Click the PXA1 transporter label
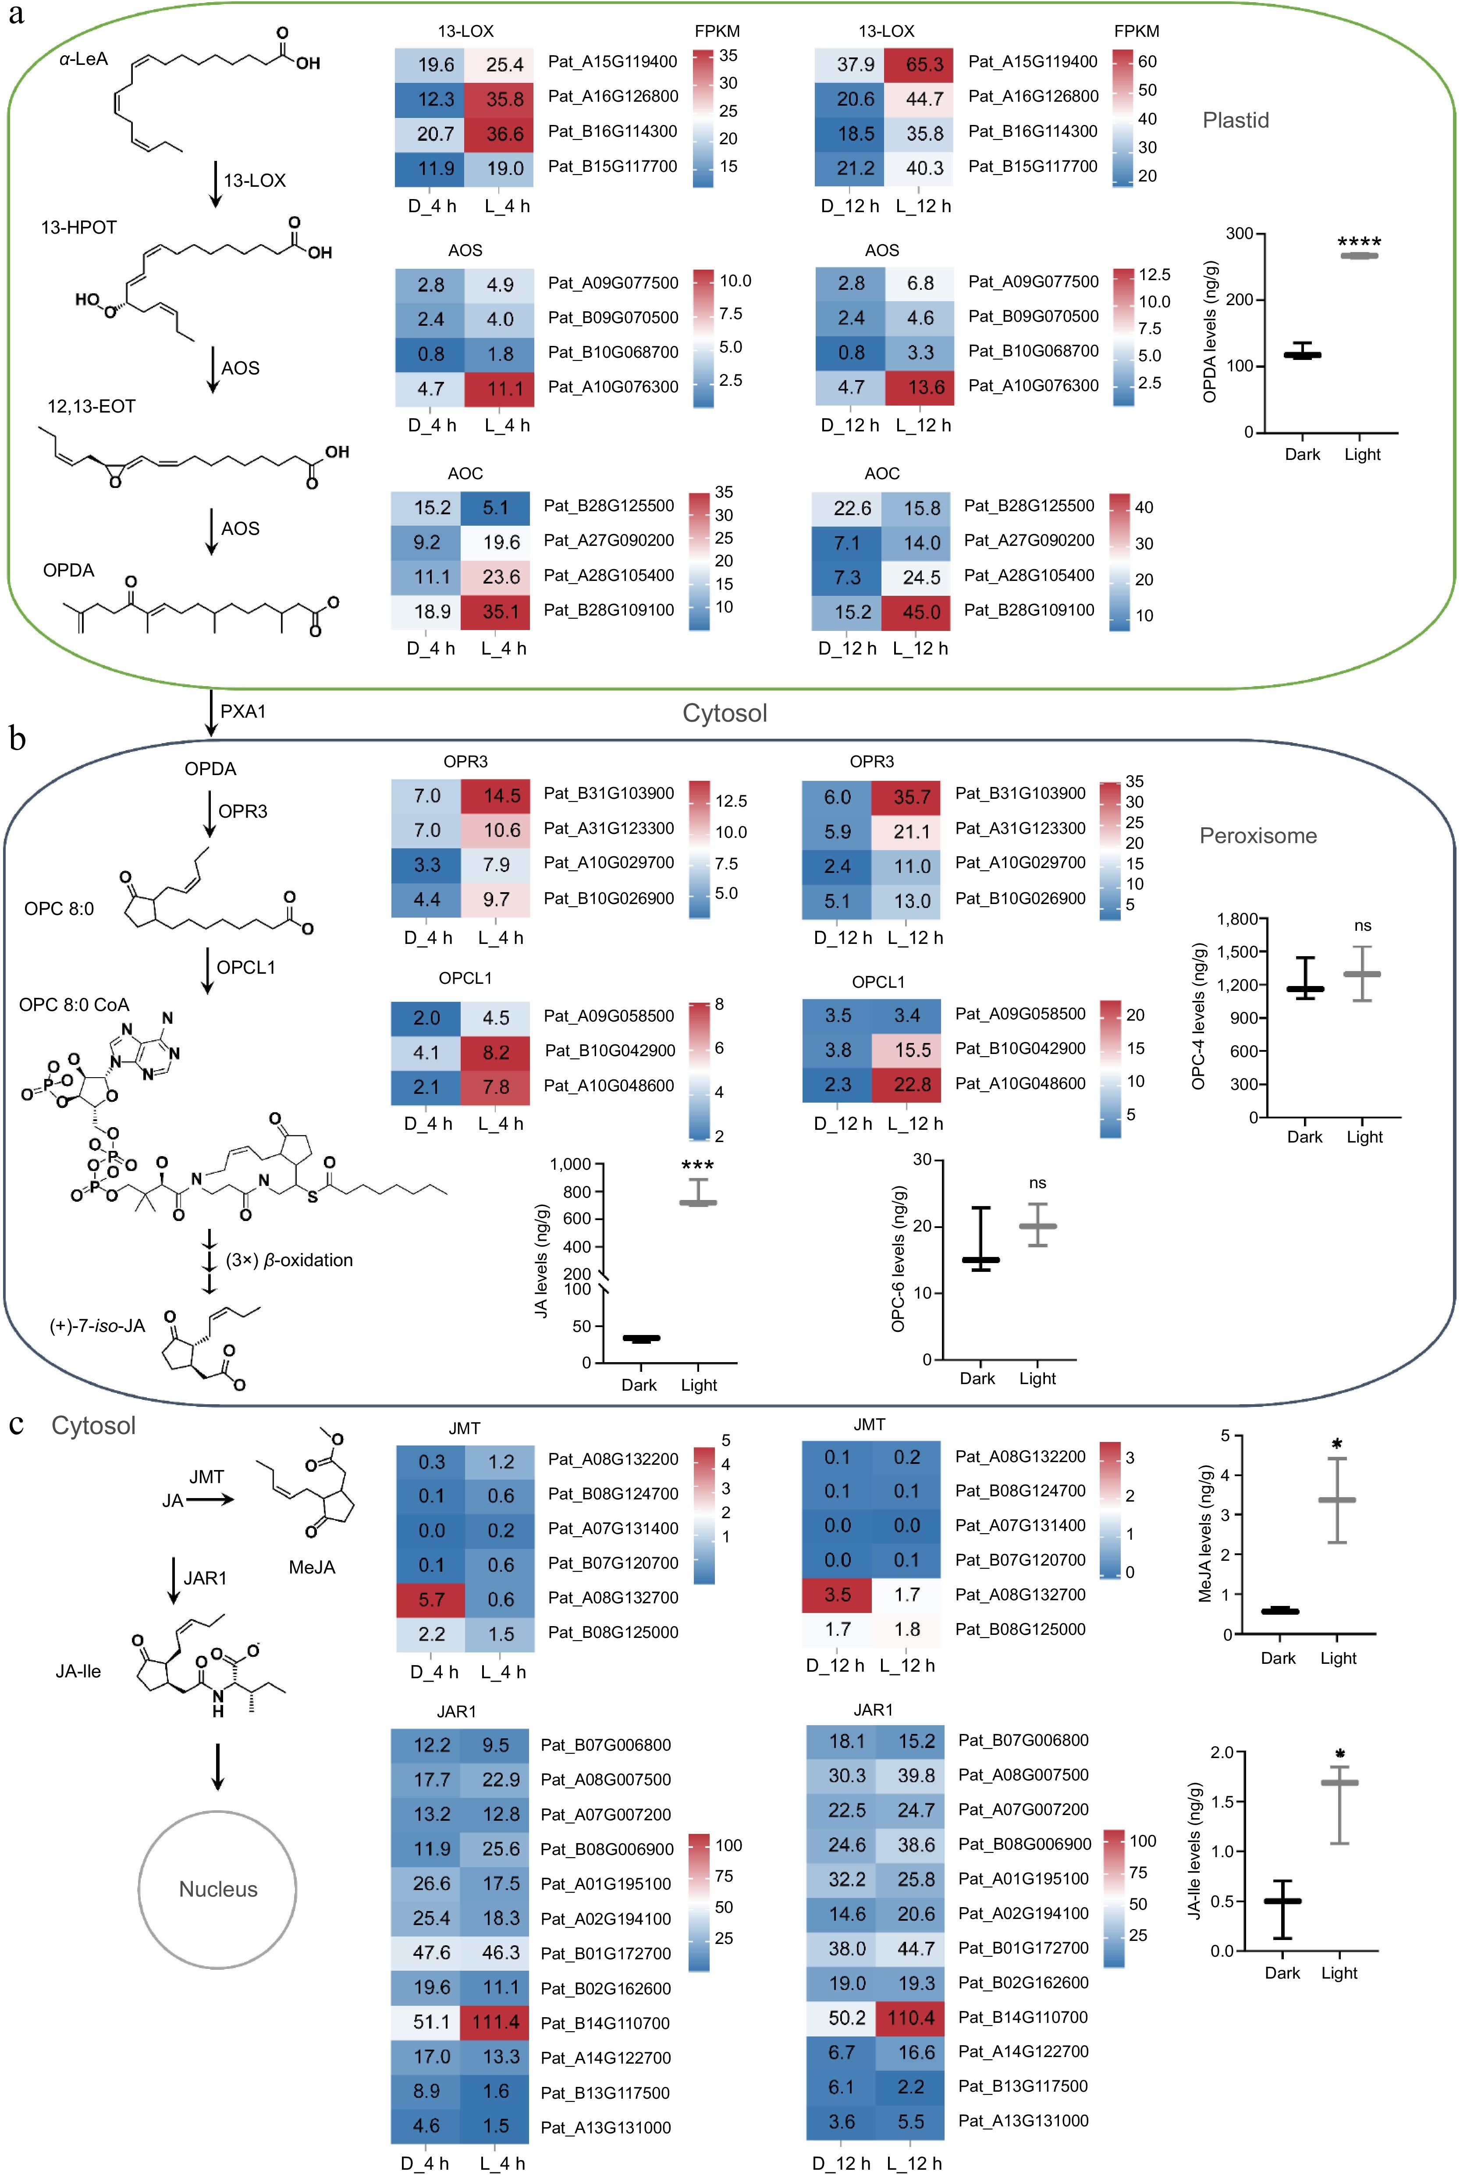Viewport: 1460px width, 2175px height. point(243,712)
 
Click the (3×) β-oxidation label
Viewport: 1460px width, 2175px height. point(289,1260)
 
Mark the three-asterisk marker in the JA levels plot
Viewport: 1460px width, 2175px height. point(697,1166)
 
